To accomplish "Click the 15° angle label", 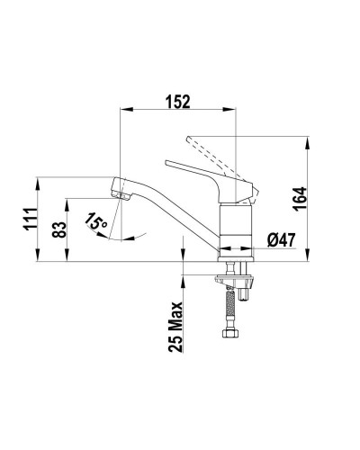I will click(96, 219).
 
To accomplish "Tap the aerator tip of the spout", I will click(115, 190).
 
